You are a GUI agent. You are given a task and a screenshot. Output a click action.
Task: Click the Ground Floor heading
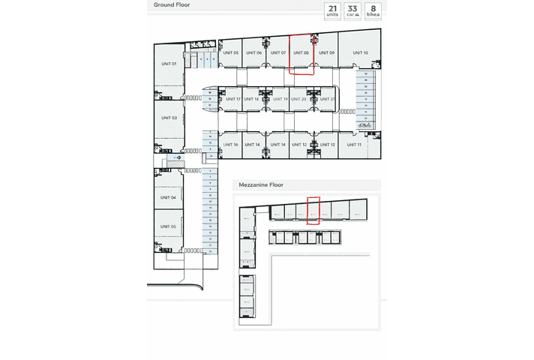click(172, 4)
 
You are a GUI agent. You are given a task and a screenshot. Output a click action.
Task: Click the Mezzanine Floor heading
click(260, 184)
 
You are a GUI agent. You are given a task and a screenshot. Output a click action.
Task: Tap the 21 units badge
click(331, 11)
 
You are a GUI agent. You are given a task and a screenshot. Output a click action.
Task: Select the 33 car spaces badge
click(352, 11)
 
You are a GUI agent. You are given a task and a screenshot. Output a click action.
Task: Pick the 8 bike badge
click(372, 11)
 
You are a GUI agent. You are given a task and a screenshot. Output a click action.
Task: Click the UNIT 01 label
click(169, 64)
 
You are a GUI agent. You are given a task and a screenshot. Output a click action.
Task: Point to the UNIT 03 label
click(169, 118)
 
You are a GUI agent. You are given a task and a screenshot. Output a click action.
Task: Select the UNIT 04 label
click(168, 197)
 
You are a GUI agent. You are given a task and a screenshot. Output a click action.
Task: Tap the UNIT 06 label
click(253, 52)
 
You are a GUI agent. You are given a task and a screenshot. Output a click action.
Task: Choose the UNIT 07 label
click(277, 52)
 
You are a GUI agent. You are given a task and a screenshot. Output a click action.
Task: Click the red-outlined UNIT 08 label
click(301, 52)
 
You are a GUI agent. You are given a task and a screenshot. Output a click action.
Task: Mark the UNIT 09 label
click(326, 52)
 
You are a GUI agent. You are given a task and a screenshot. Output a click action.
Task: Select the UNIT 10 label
click(360, 52)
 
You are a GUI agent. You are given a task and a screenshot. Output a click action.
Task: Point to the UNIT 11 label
click(355, 144)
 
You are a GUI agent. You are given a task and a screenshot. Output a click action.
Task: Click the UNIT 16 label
click(230, 144)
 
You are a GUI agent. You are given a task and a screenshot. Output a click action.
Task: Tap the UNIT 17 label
click(233, 99)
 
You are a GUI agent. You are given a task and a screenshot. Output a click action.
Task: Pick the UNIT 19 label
click(280, 99)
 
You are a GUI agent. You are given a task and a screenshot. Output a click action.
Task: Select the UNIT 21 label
click(327, 99)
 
